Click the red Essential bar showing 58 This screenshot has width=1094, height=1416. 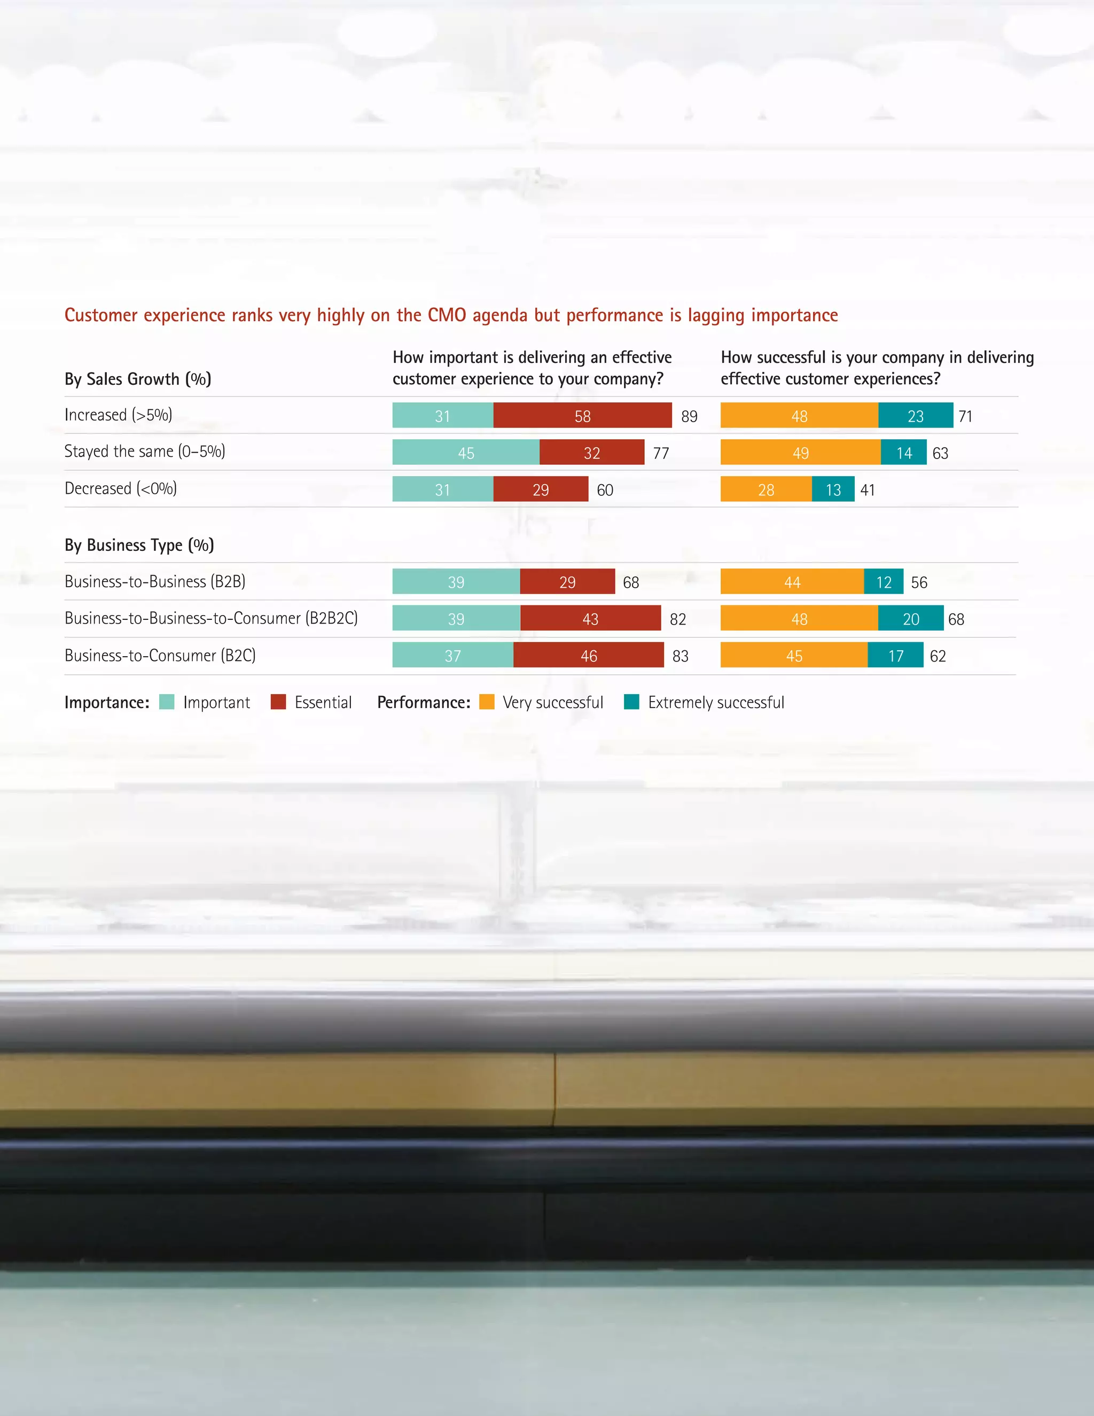(582, 416)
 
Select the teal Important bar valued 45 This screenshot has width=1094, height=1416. (465, 453)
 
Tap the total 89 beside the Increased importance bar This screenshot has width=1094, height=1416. (689, 416)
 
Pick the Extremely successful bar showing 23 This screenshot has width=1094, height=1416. (915, 416)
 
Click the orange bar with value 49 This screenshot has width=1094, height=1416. (800, 453)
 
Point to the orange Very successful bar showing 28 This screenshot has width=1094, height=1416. (765, 489)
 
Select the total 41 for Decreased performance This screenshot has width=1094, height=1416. (867, 490)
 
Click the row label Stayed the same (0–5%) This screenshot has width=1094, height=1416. (145, 452)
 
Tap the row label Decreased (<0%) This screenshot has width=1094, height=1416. (121, 488)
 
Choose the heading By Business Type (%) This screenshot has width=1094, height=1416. (139, 544)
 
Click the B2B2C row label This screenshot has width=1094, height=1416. (210, 618)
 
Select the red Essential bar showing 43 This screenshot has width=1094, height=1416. (590, 619)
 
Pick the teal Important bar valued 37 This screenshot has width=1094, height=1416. (452, 656)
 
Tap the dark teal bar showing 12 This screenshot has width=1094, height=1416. (884, 581)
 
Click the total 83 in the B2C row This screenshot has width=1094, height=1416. (680, 656)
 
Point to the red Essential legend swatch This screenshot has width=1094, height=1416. (278, 702)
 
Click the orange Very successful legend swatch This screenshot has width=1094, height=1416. (487, 702)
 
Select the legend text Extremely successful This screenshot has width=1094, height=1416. (715, 702)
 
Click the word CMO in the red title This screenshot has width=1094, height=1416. (447, 315)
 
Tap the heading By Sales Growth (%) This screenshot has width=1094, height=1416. (137, 379)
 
